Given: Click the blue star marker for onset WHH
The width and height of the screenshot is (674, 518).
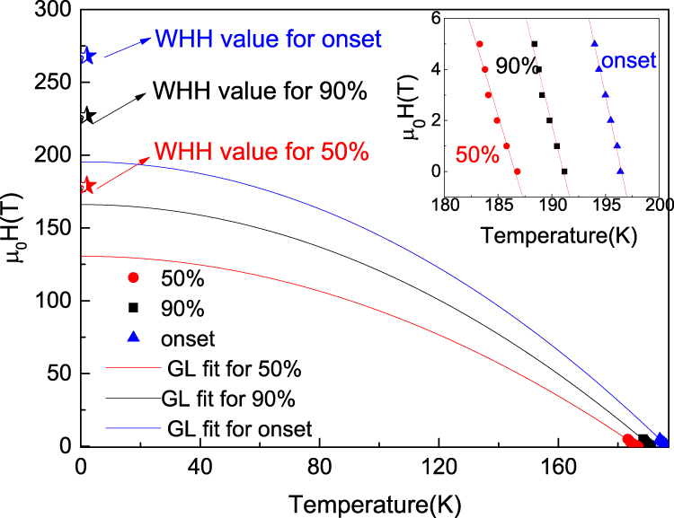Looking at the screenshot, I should (84, 56).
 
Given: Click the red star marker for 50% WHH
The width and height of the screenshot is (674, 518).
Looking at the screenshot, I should (86, 185).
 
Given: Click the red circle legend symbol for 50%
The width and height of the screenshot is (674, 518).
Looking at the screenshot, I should (133, 277).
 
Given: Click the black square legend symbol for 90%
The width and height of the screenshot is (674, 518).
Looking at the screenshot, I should (133, 308).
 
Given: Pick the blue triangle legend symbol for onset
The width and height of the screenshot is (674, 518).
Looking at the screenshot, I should (133, 338).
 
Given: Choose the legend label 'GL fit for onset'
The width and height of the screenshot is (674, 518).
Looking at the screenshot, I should (240, 428).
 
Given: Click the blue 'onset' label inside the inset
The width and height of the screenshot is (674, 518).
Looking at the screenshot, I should (628, 61).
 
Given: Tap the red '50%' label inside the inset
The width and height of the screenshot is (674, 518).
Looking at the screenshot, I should (476, 154).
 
